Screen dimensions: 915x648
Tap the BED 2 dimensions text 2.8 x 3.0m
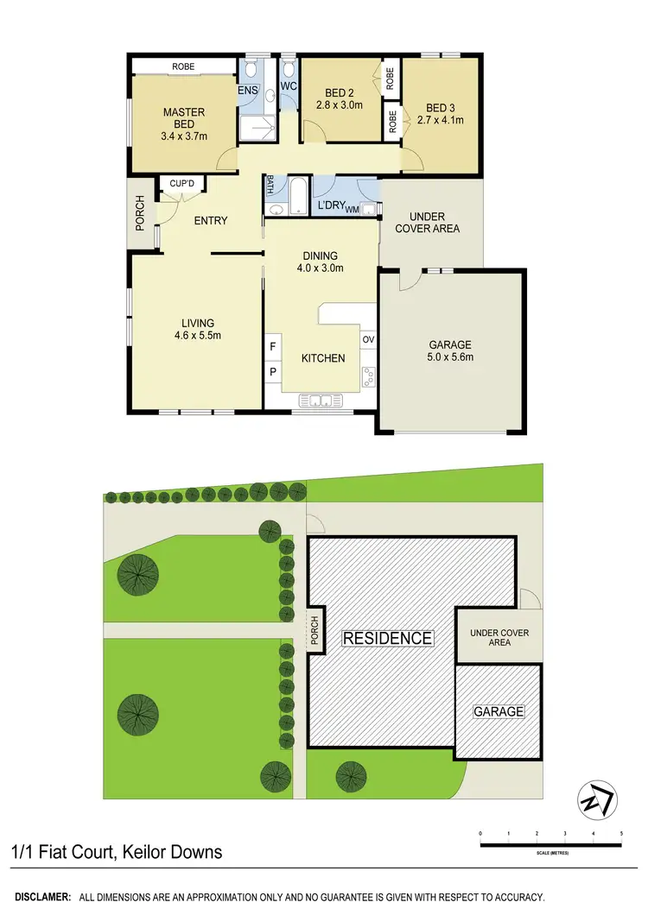[340, 105]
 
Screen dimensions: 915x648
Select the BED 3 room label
[440, 107]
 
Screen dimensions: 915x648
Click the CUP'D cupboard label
[181, 184]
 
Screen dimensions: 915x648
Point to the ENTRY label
[210, 221]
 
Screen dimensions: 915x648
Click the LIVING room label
[198, 324]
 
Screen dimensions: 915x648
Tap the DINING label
[320, 256]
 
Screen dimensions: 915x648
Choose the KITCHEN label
[322, 358]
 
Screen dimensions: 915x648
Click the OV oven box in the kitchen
[367, 340]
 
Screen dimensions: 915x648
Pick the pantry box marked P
[273, 372]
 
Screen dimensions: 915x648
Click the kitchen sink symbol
[321, 400]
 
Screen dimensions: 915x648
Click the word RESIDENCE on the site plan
[388, 638]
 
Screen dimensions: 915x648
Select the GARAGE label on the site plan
[499, 711]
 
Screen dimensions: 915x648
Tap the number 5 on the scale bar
[621, 834]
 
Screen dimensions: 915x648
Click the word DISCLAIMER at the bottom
[42, 899]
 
